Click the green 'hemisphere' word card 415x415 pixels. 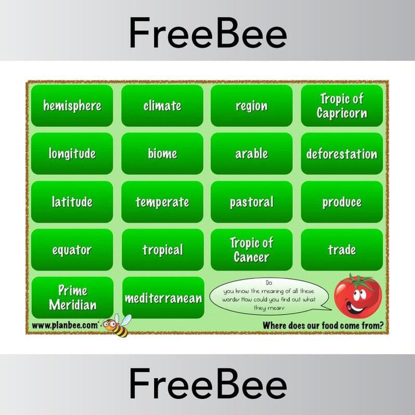pos(72,106)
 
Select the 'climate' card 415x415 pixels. pos(162,106)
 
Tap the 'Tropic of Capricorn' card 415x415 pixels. pos(342,106)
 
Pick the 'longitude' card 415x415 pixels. pos(72,154)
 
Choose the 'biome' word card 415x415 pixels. pos(162,154)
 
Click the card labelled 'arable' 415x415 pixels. pos(251,154)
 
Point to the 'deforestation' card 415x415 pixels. pos(342,154)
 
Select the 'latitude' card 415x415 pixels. pos(72,202)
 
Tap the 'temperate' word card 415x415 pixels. pos(162,202)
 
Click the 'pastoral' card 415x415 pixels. pos(251,202)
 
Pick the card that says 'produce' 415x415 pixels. pos(342,202)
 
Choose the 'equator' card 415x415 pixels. pos(72,250)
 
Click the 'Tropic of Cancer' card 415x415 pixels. pos(251,250)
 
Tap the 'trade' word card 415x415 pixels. pos(342,250)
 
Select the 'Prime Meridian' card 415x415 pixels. pos(72,298)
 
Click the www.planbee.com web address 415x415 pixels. pos(64,326)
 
